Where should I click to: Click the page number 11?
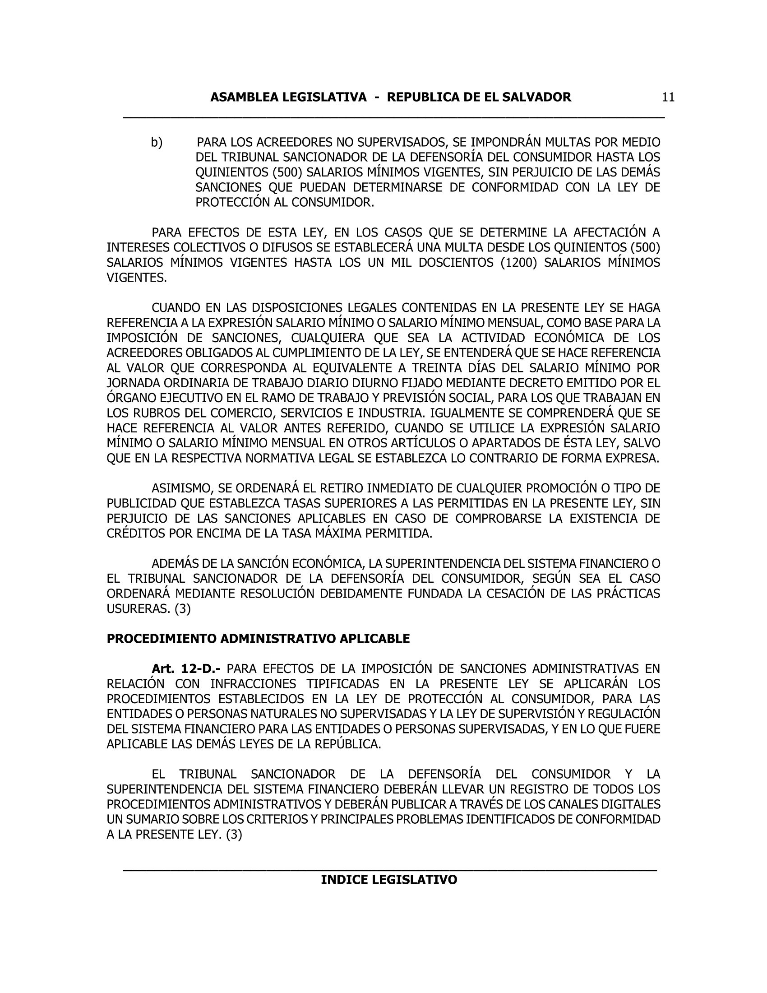tap(668, 97)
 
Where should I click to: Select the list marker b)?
tap(157, 143)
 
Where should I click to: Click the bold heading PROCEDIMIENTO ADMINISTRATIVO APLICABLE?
tap(258, 639)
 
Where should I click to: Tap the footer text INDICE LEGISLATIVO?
tap(389, 880)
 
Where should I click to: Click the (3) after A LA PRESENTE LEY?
tap(234, 835)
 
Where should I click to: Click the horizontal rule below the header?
tap(394, 118)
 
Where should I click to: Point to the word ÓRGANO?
tap(130, 398)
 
